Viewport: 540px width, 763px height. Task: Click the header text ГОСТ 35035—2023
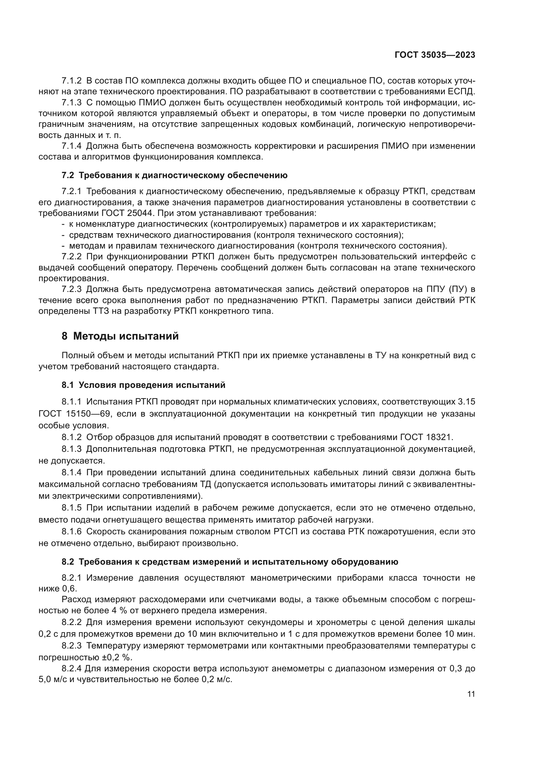click(x=435, y=55)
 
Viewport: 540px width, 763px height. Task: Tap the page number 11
click(x=471, y=694)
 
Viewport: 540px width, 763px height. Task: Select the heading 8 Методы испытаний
click(x=120, y=336)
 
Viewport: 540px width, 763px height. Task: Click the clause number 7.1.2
click(x=71, y=81)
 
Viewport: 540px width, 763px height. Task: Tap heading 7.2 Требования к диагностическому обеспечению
click(x=174, y=175)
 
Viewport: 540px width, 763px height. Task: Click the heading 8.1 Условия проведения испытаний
click(x=143, y=385)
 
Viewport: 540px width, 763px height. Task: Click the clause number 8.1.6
click(x=71, y=532)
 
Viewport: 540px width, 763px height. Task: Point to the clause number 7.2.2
click(x=71, y=256)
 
